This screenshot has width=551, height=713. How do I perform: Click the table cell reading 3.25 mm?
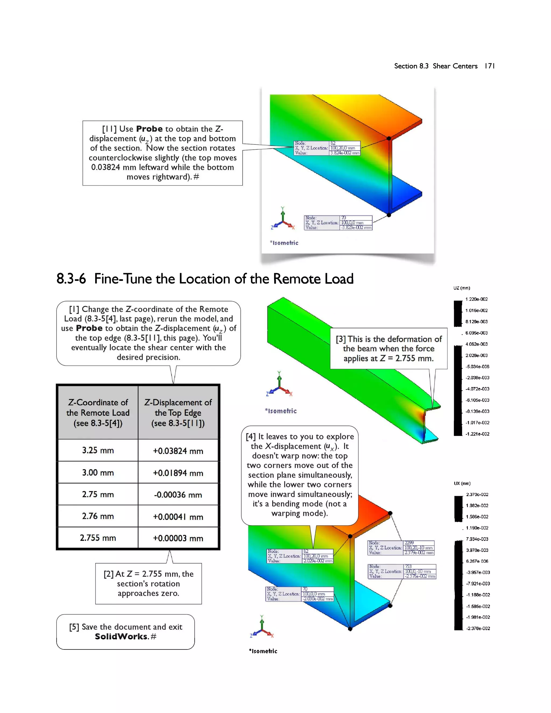[x=98, y=450]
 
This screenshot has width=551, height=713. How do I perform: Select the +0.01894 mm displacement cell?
[x=178, y=473]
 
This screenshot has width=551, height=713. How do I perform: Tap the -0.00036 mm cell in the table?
[x=178, y=495]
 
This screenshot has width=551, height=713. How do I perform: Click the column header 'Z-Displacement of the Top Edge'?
[x=178, y=413]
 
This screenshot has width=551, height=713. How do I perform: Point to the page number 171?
[x=489, y=66]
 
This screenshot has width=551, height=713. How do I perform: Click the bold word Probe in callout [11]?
[x=149, y=129]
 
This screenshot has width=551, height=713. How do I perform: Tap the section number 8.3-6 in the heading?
[x=71, y=279]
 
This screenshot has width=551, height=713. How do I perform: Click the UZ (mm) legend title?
[x=462, y=288]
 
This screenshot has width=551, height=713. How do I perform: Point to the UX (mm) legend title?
[x=462, y=483]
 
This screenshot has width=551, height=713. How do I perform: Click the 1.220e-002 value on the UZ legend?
[x=476, y=299]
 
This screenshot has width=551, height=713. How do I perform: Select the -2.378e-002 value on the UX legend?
[x=478, y=628]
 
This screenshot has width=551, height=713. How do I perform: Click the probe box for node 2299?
[x=401, y=548]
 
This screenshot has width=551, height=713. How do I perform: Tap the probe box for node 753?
[x=402, y=571]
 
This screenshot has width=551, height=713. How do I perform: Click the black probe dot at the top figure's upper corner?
[x=389, y=138]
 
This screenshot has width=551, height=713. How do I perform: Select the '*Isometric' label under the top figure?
[x=284, y=243]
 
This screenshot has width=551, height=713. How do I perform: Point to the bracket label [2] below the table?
[x=109, y=574]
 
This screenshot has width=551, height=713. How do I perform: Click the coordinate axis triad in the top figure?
[x=283, y=219]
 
